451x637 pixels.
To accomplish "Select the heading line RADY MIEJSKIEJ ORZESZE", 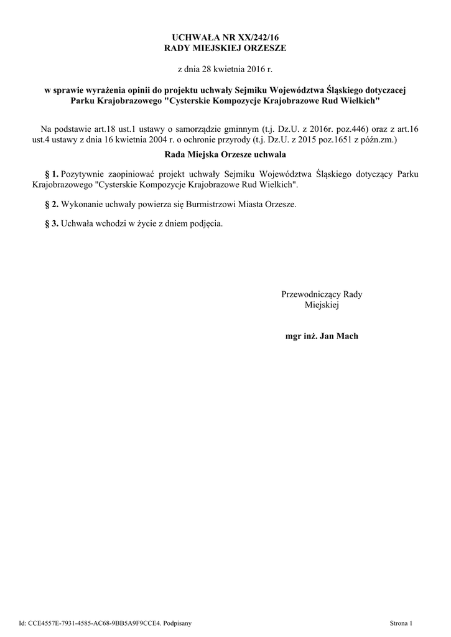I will coord(225,48).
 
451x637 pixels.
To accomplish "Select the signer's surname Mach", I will coord(347,336).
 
